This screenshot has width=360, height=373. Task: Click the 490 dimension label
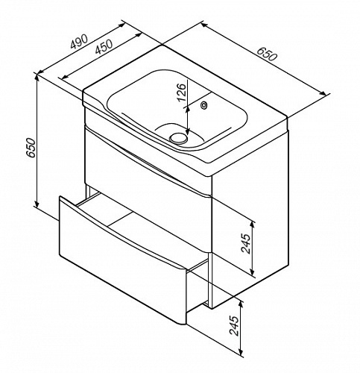coord(79,41)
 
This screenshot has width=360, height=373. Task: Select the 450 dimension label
coord(104,46)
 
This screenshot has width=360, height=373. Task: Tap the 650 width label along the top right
coord(266,54)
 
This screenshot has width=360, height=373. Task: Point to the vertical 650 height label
coord(31,148)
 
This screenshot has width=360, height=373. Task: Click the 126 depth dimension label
coord(182,93)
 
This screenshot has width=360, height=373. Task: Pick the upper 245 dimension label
coord(246,243)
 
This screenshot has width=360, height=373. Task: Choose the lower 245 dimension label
coord(234,325)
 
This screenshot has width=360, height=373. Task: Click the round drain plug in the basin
coord(178,138)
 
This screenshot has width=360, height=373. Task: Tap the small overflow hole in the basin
coord(203,105)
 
